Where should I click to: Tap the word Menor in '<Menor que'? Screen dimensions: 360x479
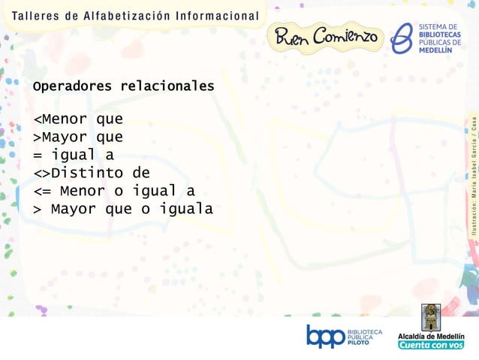pos(64,119)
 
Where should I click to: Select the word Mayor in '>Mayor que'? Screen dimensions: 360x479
pos(64,137)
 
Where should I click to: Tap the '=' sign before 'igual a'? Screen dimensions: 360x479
pos(37,155)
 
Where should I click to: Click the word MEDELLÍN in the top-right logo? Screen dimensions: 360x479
pos(441,50)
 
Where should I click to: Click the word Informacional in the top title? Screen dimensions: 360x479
pos(217,16)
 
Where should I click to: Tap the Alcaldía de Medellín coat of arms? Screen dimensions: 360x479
pos(430,317)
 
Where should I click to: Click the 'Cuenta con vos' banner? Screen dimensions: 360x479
pos(431,345)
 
